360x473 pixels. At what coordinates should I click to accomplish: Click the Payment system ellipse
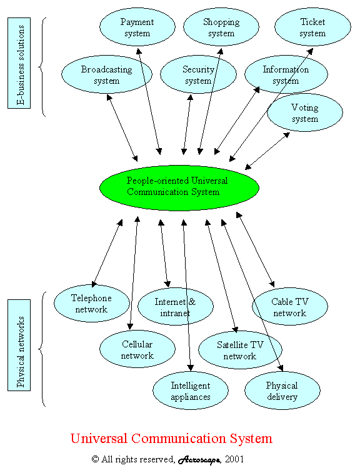[137, 27]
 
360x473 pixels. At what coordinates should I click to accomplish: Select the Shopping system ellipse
[221, 27]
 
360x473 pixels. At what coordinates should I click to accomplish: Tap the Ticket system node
[312, 27]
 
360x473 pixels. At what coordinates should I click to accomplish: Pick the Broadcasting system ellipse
[106, 74]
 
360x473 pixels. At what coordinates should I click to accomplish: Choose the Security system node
[198, 74]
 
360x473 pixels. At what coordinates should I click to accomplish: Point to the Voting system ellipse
[305, 112]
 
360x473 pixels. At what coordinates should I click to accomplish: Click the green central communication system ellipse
[179, 187]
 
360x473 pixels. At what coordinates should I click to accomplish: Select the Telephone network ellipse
[91, 303]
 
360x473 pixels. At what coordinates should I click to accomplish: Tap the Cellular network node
[137, 349]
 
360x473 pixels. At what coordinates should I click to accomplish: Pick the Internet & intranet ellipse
[176, 307]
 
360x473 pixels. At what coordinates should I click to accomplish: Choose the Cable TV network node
[290, 307]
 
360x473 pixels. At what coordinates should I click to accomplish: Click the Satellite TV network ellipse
[240, 350]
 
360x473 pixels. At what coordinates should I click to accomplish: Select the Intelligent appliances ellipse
[191, 391]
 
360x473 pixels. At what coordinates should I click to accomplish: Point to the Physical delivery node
[282, 391]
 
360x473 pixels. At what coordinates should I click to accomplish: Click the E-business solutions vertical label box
[19, 63]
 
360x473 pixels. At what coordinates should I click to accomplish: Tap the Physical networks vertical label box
[19, 345]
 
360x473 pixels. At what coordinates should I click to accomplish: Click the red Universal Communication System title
[171, 438]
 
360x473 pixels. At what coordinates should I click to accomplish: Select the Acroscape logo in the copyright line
[199, 460]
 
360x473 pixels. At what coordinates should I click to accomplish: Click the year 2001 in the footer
[234, 459]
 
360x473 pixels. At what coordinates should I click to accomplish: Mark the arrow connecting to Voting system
[267, 151]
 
